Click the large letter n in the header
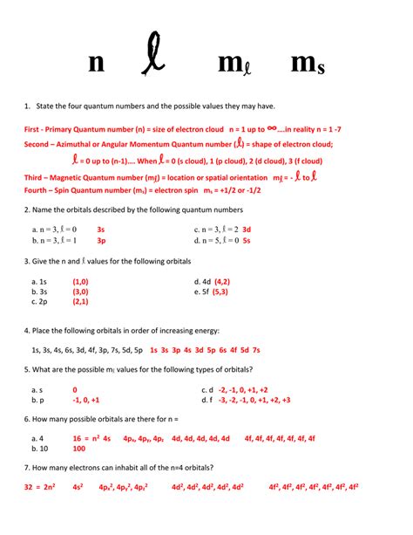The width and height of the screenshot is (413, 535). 96,63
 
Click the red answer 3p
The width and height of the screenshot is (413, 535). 101,239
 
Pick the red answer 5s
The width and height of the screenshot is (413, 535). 247,239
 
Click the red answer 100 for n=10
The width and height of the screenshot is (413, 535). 79,449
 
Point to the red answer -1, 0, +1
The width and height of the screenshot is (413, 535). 86,400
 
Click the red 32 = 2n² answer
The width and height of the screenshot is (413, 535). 43,485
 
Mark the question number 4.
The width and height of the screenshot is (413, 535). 28,331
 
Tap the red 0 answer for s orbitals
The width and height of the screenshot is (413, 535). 75,389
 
